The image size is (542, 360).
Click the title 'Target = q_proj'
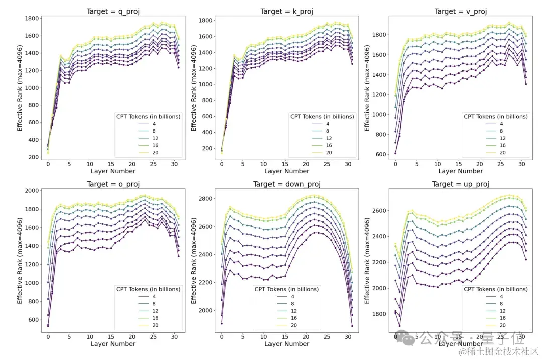pos(113,11)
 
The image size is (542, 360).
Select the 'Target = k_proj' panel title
pos(287,11)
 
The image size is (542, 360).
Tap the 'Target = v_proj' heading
pos(460,11)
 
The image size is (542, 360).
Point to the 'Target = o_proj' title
pos(113,184)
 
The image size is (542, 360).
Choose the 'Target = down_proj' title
pos(287,184)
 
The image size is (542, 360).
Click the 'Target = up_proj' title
pos(460,184)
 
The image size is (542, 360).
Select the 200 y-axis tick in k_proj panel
pos(207,148)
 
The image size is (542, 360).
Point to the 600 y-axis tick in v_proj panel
pos(380,154)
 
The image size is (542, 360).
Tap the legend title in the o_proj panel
pos(148,289)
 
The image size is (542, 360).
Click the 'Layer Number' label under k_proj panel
pos(287,171)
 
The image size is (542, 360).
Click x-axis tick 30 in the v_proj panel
pos(522,164)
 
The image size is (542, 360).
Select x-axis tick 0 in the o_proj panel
pos(48,336)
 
